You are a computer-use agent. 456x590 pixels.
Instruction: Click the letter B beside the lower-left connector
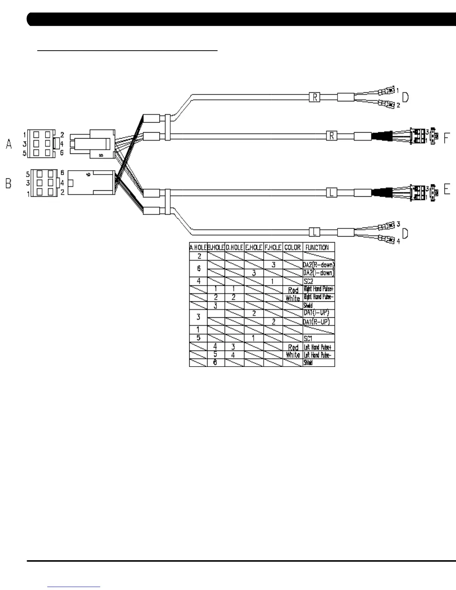[x=9, y=184]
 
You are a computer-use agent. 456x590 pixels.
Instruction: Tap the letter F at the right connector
[x=447, y=139]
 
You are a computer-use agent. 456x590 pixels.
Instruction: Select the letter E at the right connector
[x=447, y=190]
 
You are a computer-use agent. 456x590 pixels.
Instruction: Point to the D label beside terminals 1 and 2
[x=405, y=98]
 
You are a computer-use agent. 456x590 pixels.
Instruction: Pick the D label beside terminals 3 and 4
[x=405, y=234]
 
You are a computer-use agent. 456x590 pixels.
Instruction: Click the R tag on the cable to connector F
[x=331, y=136]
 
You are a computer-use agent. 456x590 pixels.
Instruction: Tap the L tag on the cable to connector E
[x=331, y=193]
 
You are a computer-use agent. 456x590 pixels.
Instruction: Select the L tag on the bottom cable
[x=315, y=232]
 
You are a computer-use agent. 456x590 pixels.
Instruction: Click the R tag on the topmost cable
[x=315, y=98]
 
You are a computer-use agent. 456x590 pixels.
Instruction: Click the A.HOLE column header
[x=198, y=247]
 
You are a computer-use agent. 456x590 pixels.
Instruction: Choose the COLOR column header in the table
[x=292, y=247]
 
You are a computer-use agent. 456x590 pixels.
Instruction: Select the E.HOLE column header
[x=254, y=247]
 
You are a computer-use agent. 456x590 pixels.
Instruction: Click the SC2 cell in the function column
[x=308, y=282]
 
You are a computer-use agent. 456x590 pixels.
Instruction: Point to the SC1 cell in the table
[x=308, y=339]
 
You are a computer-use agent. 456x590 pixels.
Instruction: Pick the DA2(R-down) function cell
[x=319, y=265]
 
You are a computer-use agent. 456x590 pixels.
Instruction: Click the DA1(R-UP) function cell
[x=316, y=322]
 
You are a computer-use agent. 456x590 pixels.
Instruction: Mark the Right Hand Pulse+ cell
[x=318, y=289]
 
